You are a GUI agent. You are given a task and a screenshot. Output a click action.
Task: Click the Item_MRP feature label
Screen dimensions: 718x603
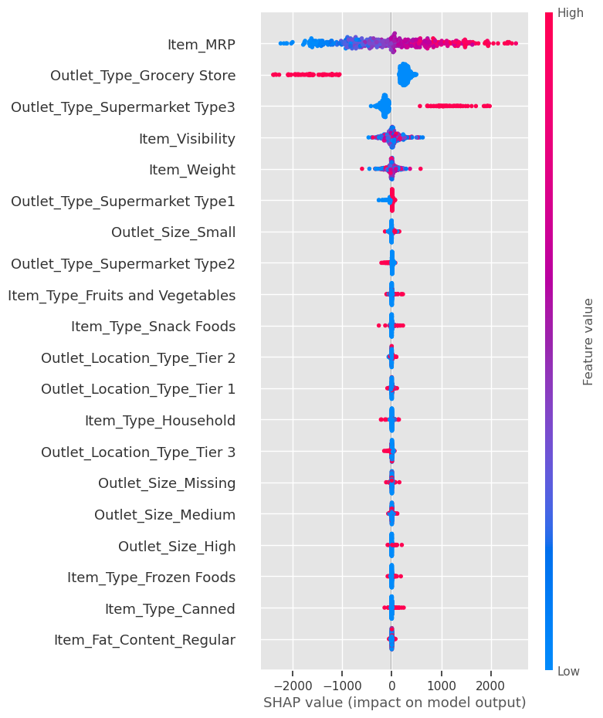pyautogui.click(x=201, y=45)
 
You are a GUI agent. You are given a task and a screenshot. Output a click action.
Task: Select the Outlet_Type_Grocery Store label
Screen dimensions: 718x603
pyautogui.click(x=143, y=76)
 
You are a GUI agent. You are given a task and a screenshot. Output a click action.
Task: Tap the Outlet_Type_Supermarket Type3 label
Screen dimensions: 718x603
pyautogui.click(x=123, y=107)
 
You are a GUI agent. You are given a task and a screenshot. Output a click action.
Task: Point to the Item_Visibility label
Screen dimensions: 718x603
pyautogui.click(x=187, y=139)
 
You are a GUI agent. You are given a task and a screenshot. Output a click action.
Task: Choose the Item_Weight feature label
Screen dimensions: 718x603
pyautogui.click(x=192, y=170)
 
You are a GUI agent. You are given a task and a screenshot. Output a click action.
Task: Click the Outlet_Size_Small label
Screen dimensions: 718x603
pyautogui.click(x=173, y=232)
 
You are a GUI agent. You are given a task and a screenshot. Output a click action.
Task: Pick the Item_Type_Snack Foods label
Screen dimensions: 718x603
pyautogui.click(x=153, y=327)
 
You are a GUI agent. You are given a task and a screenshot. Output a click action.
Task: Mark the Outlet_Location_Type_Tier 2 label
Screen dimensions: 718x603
pyautogui.click(x=138, y=358)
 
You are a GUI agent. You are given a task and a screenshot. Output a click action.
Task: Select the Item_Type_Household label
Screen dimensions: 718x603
pyautogui.click(x=160, y=421)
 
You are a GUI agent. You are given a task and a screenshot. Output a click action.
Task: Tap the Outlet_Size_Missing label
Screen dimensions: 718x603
pyautogui.click(x=167, y=483)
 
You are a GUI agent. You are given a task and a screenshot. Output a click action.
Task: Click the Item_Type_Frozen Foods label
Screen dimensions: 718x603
pyautogui.click(x=151, y=577)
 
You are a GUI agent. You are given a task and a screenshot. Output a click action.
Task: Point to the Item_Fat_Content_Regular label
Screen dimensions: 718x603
pyautogui.click(x=144, y=640)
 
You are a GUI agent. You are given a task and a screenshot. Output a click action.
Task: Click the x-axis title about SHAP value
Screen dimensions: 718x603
pyautogui.click(x=395, y=703)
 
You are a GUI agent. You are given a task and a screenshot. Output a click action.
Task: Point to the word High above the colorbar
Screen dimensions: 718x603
pyautogui.click(x=570, y=13)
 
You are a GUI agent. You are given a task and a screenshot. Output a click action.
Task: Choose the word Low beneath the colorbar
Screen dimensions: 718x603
pyautogui.click(x=568, y=672)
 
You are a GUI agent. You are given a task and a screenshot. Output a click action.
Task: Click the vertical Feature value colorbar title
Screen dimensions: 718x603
pyautogui.click(x=588, y=341)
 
